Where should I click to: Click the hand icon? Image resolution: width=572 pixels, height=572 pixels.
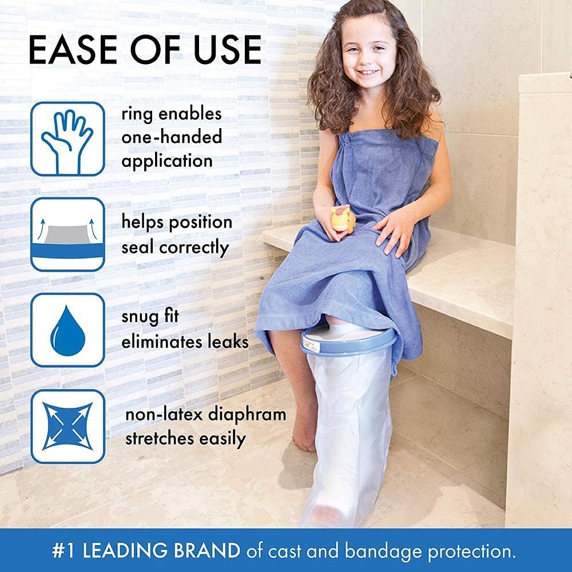(x=67, y=139)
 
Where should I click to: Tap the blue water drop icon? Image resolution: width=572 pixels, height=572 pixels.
(x=67, y=330)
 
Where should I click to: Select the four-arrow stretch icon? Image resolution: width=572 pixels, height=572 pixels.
(x=67, y=427)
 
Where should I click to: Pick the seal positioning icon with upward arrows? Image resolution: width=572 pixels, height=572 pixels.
(x=67, y=235)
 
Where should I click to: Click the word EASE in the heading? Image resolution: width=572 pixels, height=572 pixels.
(x=73, y=50)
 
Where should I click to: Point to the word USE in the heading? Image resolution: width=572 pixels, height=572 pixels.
(x=227, y=50)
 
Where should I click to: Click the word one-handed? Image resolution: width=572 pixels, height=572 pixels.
(x=172, y=137)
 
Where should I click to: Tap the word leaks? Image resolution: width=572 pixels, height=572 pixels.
(x=228, y=341)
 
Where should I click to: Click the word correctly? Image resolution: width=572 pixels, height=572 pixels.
(x=194, y=248)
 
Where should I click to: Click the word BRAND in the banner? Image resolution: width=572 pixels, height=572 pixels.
(x=207, y=550)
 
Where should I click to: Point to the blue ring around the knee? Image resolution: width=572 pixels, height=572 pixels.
(x=348, y=340)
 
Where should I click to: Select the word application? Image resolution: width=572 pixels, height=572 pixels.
(x=167, y=161)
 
